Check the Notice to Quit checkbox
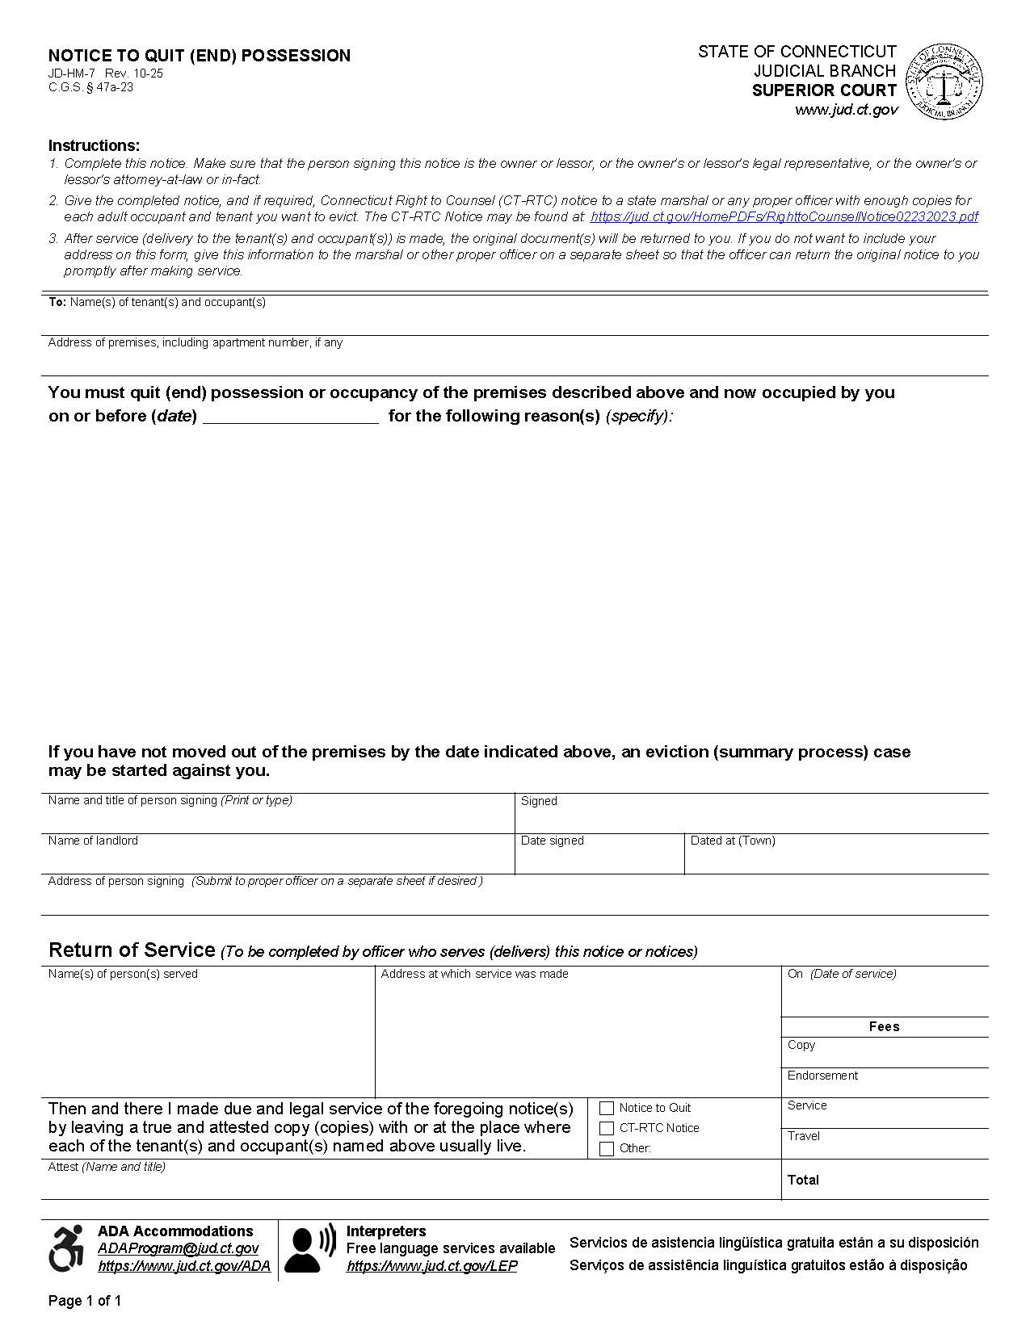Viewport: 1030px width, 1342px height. [x=607, y=1108]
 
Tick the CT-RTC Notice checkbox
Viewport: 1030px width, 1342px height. [x=607, y=1128]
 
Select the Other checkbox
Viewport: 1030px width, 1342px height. [x=607, y=1148]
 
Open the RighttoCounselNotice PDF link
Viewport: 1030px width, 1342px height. [x=784, y=216]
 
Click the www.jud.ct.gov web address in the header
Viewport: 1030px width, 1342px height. [x=846, y=110]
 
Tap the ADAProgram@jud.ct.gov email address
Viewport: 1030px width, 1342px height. [x=178, y=1248]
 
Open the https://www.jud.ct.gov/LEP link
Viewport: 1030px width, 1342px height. [x=431, y=1266]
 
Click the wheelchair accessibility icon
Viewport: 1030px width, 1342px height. [x=67, y=1248]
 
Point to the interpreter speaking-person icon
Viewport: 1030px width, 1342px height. [x=309, y=1248]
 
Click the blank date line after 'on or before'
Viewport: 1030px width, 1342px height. [x=290, y=416]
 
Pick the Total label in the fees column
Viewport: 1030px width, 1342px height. [x=803, y=1180]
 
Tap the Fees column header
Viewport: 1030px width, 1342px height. [x=884, y=1026]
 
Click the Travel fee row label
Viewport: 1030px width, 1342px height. [x=804, y=1136]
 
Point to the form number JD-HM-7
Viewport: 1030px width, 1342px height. [x=71, y=73]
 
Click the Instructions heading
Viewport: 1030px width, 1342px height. [x=94, y=145]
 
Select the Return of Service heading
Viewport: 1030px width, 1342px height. [x=132, y=950]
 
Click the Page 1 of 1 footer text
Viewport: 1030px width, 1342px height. [x=85, y=1300]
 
